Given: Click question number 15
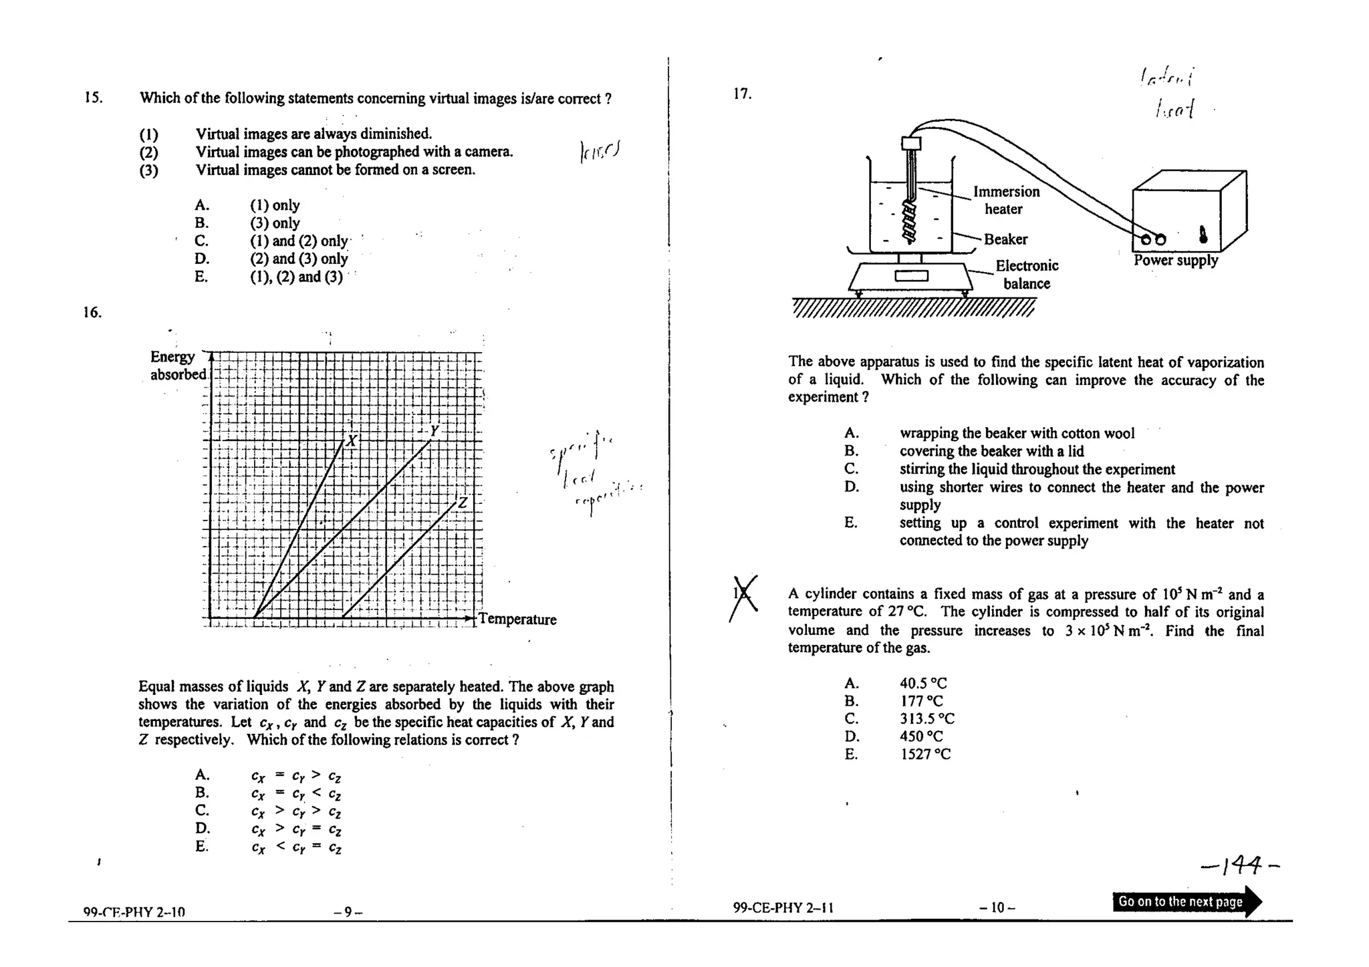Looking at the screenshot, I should pos(94,98).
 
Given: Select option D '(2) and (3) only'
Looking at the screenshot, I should pos(298,259).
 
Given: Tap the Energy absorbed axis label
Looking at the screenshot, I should pos(176,366).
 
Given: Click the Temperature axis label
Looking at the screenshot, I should pos(517,619).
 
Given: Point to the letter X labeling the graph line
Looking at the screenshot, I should pos(352,440).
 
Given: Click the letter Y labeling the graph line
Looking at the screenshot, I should pos(434,431).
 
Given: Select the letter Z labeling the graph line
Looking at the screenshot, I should pos(462,503).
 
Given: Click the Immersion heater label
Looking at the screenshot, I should pos(1005,200).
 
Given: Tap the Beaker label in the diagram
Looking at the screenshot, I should pos(1005,239).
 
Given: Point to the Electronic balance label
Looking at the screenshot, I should pos(1027,274).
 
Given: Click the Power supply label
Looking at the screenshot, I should pos(1175,260).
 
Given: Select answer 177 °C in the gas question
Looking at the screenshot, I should pos(920,701).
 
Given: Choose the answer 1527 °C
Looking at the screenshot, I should pos(924,754).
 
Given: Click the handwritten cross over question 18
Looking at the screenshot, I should pos(744,596).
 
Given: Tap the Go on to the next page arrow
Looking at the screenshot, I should pos(1186,902).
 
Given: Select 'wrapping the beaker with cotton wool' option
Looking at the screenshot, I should pos(1016,433).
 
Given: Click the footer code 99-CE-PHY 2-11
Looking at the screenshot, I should pos(783,908).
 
